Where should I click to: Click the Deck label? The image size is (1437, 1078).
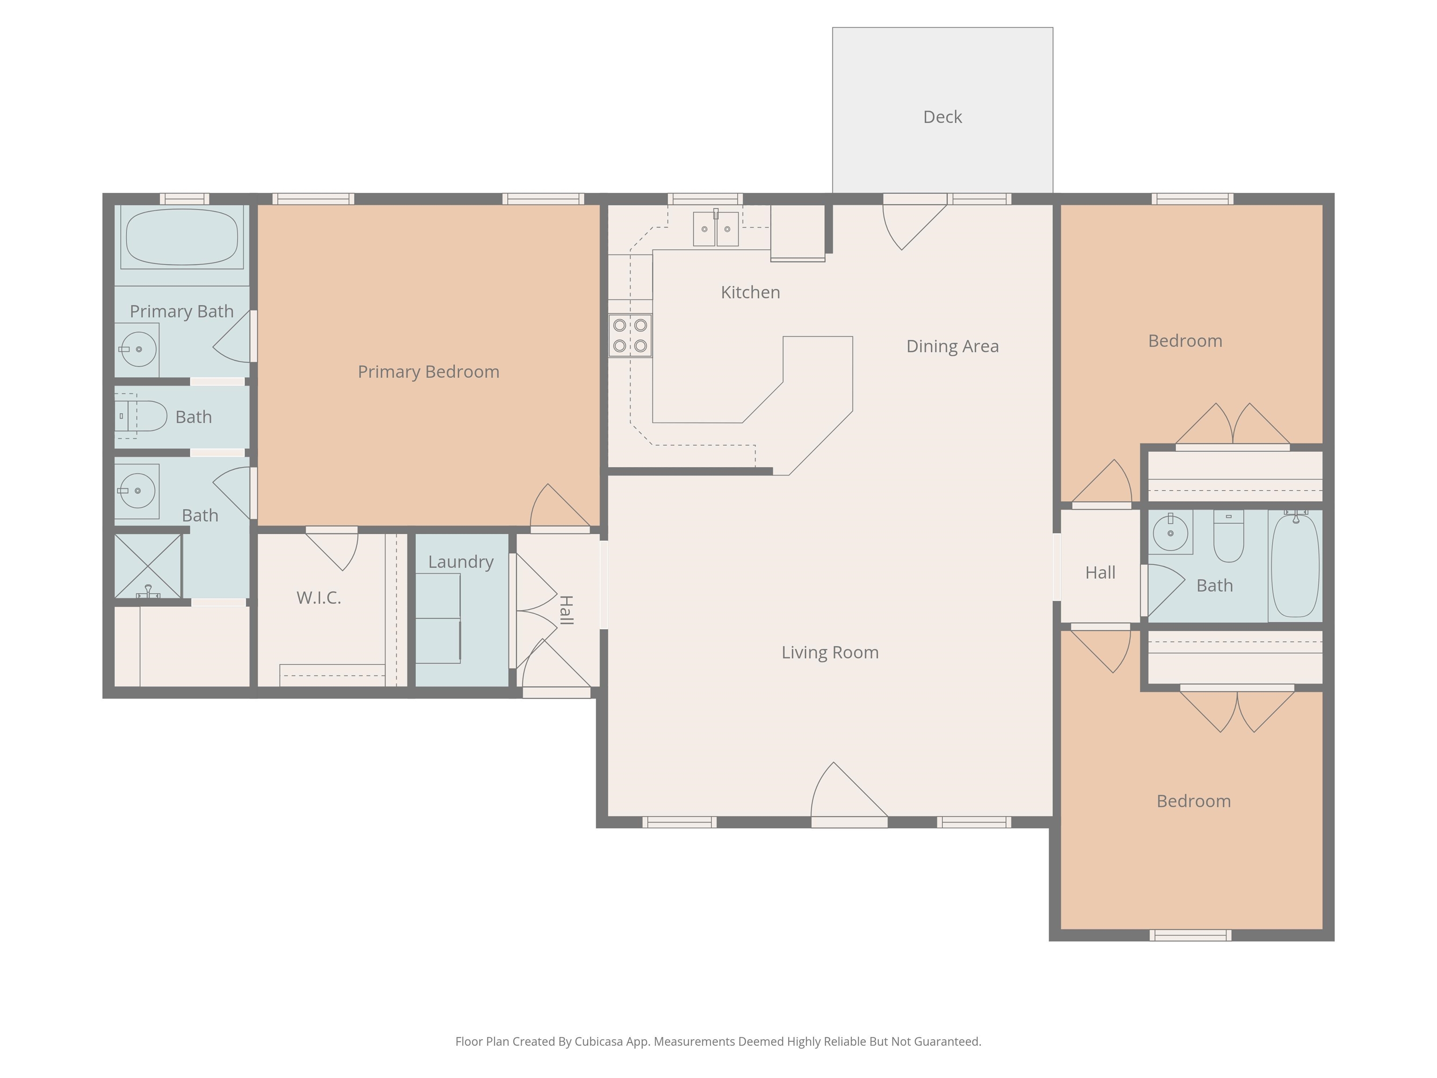[942, 117]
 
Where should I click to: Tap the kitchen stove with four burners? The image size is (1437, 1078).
[630, 335]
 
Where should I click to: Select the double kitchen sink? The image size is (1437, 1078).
[716, 228]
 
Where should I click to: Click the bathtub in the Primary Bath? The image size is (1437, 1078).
[182, 237]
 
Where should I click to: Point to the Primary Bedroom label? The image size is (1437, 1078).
[429, 371]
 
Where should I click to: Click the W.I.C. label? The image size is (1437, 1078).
[319, 598]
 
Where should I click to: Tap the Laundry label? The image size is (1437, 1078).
[461, 562]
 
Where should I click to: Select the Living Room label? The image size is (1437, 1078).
[830, 652]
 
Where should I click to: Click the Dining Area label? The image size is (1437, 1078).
[952, 346]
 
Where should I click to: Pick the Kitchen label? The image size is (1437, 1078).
[750, 292]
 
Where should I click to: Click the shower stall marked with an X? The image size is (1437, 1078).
[148, 566]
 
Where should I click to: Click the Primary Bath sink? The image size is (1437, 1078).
[138, 350]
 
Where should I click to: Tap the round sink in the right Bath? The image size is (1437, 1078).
[1171, 533]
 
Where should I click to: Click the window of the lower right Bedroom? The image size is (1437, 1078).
[1190, 935]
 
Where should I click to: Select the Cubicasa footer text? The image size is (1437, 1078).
[718, 1042]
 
